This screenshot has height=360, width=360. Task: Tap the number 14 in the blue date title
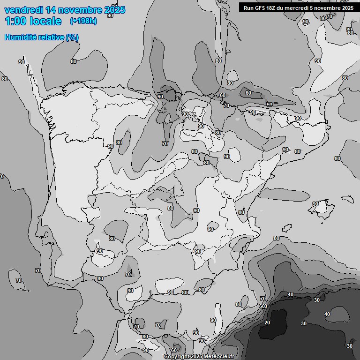(52, 10)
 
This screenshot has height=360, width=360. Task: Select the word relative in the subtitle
(51, 37)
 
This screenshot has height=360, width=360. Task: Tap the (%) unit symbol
(72, 37)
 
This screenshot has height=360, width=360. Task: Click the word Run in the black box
(248, 7)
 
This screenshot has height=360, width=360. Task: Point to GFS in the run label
(261, 7)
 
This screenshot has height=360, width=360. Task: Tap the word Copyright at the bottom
(177, 356)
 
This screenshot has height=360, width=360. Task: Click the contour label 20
(267, 323)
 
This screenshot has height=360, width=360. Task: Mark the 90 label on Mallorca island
(315, 204)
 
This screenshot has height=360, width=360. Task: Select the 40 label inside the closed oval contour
(327, 314)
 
